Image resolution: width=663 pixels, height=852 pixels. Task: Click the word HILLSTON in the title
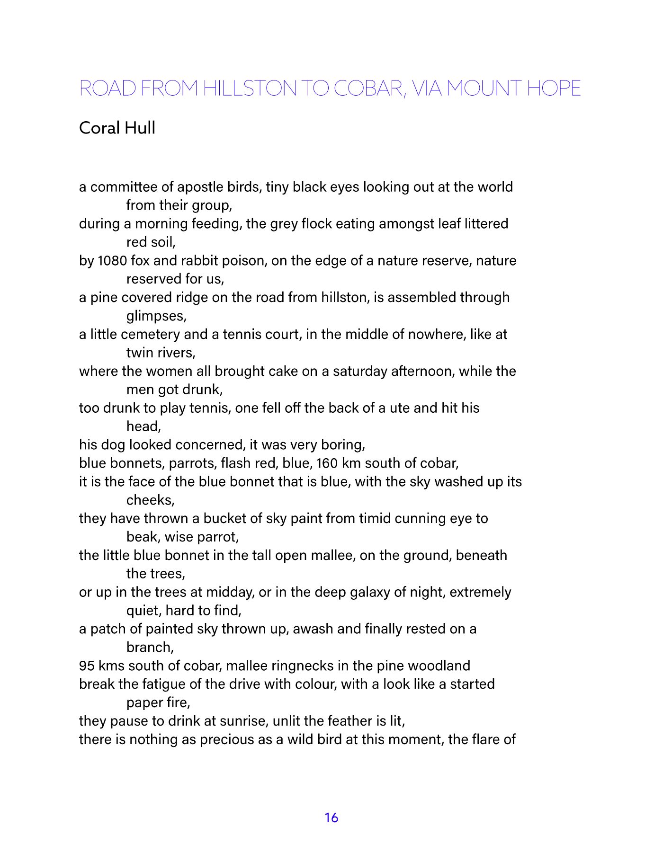click(x=250, y=89)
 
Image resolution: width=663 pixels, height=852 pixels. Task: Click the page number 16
click(x=331, y=817)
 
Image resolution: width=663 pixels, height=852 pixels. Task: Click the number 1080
click(x=112, y=261)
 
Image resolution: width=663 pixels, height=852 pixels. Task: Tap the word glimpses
click(x=156, y=316)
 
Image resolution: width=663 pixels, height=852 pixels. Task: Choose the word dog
click(x=112, y=445)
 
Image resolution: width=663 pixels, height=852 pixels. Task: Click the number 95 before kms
click(x=87, y=666)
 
